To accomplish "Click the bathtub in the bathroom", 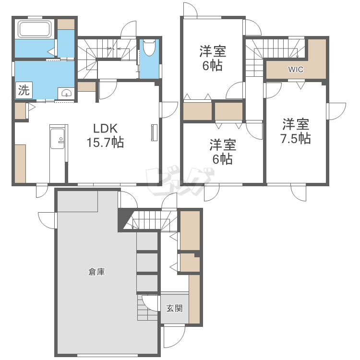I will [x=35, y=29].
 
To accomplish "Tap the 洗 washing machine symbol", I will [x=23, y=90].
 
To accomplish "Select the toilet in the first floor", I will [x=149, y=48].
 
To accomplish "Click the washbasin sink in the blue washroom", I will [x=66, y=93].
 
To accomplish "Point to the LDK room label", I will [x=106, y=129].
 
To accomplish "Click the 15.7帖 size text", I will [x=106, y=143].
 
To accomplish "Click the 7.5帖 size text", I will [x=296, y=139].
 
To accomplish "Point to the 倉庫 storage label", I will [x=96, y=272].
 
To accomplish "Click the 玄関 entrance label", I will [x=174, y=308].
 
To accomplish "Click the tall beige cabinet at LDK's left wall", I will [x=20, y=163].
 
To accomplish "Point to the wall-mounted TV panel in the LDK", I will [x=155, y=132].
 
